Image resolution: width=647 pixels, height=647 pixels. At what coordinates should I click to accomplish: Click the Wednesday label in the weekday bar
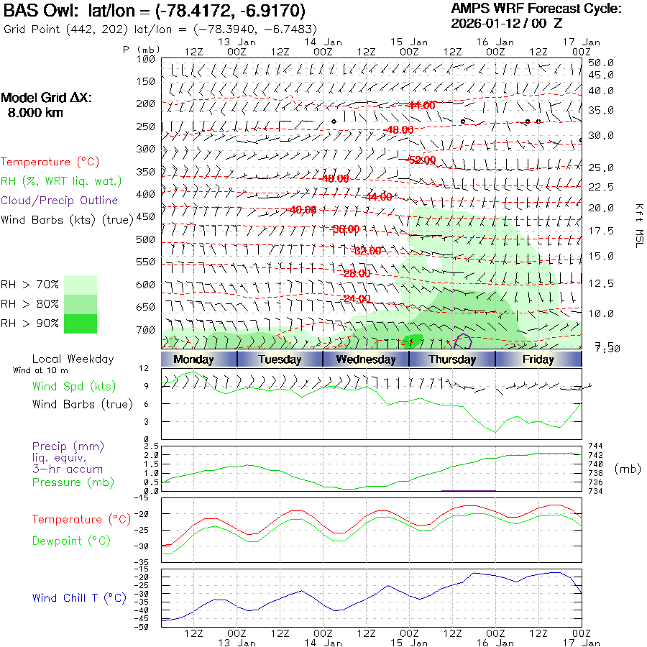tap(366, 359)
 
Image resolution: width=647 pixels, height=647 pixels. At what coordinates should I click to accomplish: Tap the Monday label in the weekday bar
tap(193, 359)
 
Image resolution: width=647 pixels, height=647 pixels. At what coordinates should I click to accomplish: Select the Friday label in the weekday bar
tap(538, 359)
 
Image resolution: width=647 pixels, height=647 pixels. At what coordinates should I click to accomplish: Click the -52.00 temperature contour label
tap(422, 160)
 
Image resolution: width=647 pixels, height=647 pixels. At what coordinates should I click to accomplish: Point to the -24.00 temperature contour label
tap(357, 299)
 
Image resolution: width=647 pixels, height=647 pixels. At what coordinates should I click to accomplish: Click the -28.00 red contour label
tap(357, 274)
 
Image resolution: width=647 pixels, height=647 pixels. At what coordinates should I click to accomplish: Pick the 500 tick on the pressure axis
tap(146, 239)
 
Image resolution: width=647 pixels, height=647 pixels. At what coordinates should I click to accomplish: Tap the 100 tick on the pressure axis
tap(146, 59)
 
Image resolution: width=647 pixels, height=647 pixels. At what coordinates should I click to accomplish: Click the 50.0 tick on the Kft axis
tap(601, 63)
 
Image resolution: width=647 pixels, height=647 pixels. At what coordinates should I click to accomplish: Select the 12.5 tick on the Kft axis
tap(601, 284)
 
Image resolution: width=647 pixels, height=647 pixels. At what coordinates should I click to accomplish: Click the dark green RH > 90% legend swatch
tap(81, 323)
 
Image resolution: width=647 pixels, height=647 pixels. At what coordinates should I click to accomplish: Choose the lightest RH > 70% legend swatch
tap(81, 285)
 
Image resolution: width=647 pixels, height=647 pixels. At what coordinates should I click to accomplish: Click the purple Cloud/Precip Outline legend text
tap(59, 201)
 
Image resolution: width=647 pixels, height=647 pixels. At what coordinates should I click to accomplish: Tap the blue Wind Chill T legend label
tap(79, 598)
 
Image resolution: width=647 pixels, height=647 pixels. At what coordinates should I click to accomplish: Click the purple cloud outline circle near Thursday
tap(464, 339)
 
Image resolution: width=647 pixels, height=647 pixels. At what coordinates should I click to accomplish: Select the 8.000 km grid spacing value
tap(35, 113)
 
